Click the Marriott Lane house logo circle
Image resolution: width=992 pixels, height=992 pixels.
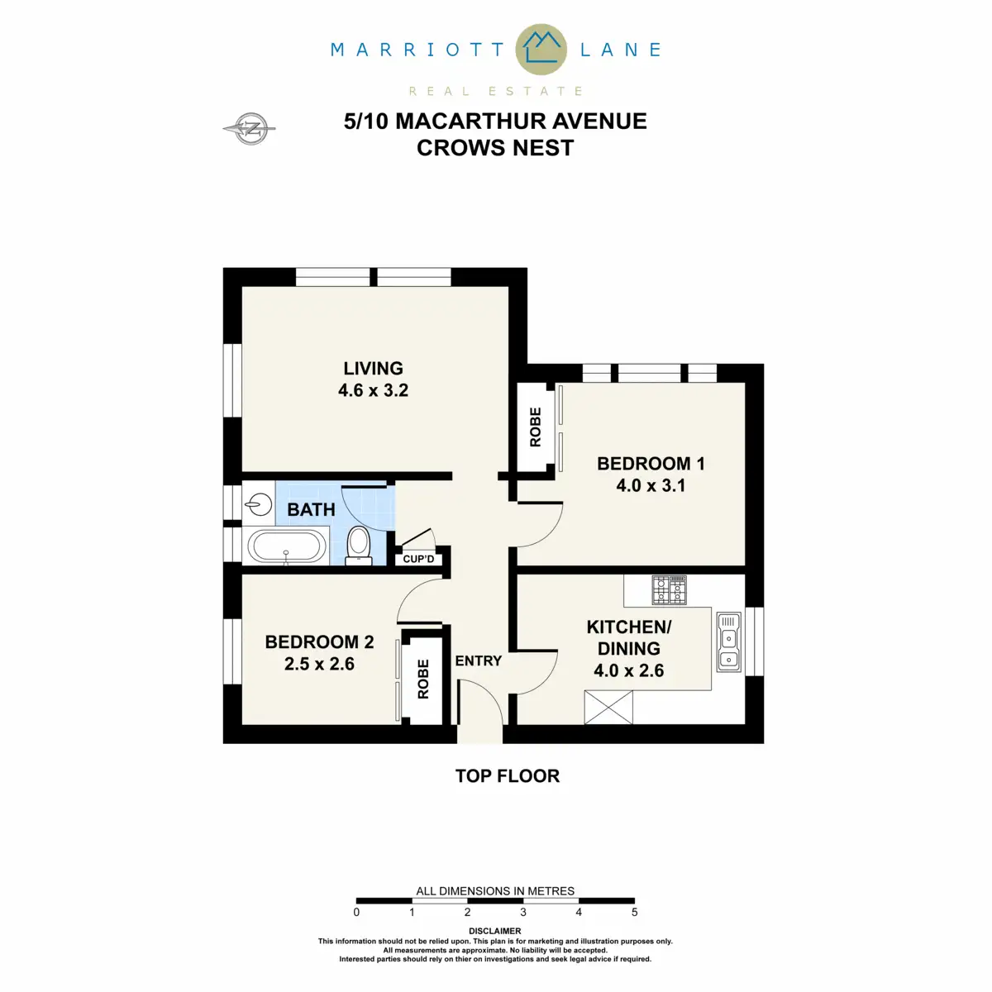click(x=541, y=49)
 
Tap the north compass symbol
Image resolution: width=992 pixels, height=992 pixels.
click(x=250, y=128)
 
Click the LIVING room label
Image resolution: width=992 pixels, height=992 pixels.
click(x=373, y=369)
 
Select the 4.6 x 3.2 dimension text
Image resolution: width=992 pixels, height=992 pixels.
click(x=373, y=390)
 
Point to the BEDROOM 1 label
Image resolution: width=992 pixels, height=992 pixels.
click(x=651, y=464)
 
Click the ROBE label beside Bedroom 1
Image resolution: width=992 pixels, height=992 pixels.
click(x=536, y=427)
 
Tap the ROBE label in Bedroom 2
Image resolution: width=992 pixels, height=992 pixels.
click(x=423, y=679)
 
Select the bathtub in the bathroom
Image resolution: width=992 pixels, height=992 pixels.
click(x=287, y=546)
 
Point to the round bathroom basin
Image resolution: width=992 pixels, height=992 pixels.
click(x=260, y=503)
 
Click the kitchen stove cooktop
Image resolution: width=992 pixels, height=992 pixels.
click(x=669, y=590)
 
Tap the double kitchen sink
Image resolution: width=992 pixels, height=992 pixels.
click(x=728, y=641)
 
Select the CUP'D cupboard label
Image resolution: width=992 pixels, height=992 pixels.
click(x=418, y=560)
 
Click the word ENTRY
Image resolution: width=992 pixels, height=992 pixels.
click(x=478, y=661)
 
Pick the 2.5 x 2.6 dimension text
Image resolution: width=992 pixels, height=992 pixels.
click(x=319, y=664)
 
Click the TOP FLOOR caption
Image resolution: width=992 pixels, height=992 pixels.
click(x=507, y=775)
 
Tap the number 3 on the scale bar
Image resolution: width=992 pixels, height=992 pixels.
click(x=523, y=913)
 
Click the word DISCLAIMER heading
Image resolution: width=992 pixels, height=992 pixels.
click(x=495, y=931)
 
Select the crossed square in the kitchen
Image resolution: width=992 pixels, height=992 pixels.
click(x=608, y=708)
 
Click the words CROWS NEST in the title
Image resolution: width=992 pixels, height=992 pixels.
click(x=494, y=148)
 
